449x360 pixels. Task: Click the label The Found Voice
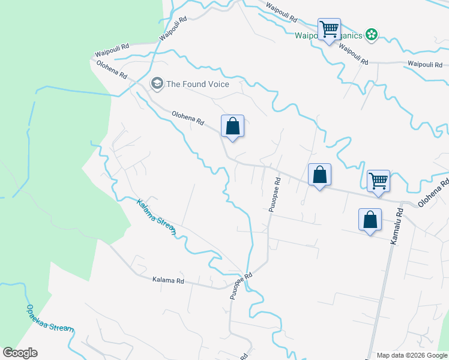coord(197,84)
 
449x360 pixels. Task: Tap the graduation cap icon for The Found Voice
coord(157,83)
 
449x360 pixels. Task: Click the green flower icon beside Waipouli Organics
coord(372,35)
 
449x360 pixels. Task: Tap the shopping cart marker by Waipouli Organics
coord(329,29)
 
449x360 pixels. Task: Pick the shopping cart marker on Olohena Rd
coord(378,181)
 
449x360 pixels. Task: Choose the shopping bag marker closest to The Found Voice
coord(232,127)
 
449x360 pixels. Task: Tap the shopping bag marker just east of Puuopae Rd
coord(320,175)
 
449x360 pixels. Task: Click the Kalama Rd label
coord(167,280)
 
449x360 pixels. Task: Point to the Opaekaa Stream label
coord(50,319)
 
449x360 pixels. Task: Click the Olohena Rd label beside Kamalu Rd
coord(433,195)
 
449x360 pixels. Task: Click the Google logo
coord(20,353)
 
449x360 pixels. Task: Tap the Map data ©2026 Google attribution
coord(412,355)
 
